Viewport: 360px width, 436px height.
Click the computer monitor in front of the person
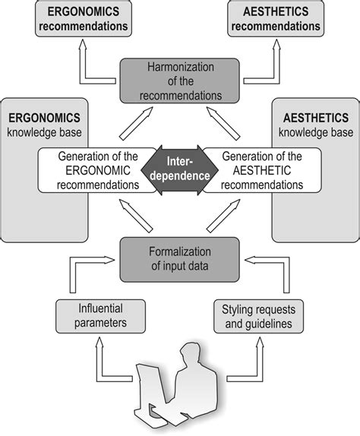[149, 387]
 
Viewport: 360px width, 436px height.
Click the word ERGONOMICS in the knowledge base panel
[45, 118]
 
